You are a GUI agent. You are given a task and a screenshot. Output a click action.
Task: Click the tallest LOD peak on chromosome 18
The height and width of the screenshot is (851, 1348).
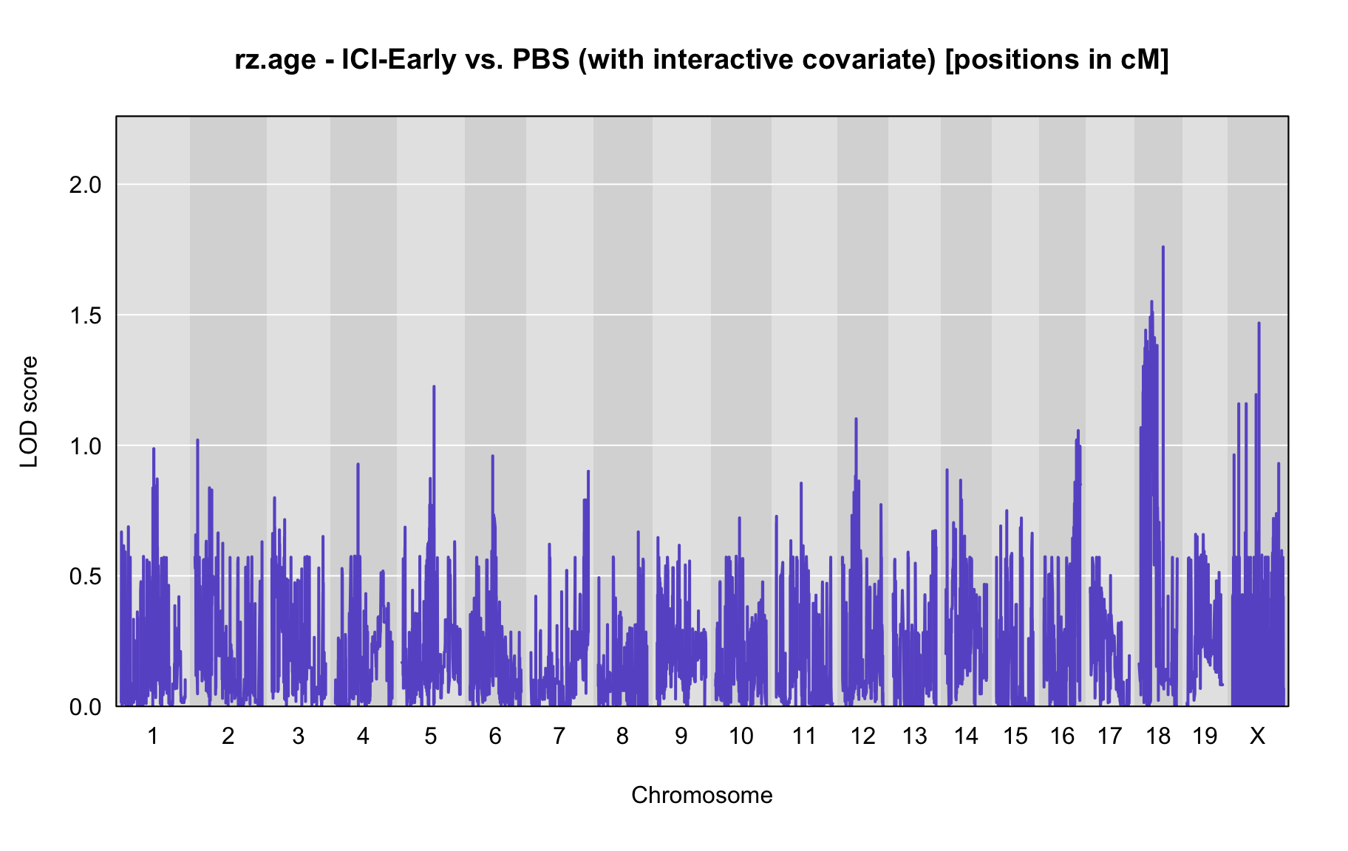[x=1163, y=247]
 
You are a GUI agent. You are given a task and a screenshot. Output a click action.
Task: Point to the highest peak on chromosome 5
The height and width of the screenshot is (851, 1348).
[x=434, y=386]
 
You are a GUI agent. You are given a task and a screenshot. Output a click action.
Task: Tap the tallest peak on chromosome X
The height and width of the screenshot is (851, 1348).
[x=1259, y=324]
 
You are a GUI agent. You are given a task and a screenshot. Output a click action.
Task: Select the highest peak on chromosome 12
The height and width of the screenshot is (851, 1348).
[x=856, y=419]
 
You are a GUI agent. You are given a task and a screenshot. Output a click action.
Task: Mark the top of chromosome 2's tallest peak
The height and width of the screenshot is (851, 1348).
[x=197, y=440]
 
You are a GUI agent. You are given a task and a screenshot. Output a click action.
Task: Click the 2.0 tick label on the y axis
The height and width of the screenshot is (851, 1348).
[x=85, y=185]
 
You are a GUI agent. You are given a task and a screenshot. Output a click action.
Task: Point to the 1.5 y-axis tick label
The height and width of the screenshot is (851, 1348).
[x=85, y=315]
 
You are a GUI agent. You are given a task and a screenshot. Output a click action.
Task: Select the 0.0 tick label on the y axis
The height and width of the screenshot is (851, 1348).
[x=85, y=707]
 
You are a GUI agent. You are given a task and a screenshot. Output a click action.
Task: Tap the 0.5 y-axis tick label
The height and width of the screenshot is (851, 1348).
[x=85, y=576]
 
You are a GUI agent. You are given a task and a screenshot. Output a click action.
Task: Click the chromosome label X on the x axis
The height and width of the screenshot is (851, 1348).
[x=1257, y=736]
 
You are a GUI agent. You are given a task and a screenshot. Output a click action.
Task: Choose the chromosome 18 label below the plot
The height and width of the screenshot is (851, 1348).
[x=1159, y=736]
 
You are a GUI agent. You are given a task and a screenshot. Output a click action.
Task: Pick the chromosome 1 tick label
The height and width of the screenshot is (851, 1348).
[x=153, y=736]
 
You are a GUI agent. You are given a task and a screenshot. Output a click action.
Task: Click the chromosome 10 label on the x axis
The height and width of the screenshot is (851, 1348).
[x=741, y=736]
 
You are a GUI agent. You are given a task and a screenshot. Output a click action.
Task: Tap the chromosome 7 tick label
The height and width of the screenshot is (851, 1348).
[x=559, y=736]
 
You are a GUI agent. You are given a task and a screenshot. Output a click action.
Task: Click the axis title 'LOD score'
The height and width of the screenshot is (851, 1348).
[x=29, y=411]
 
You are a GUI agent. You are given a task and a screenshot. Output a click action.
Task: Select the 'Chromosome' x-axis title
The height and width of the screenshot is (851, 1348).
[x=702, y=795]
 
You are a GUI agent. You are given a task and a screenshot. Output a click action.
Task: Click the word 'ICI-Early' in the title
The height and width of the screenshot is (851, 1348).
[x=399, y=59]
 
